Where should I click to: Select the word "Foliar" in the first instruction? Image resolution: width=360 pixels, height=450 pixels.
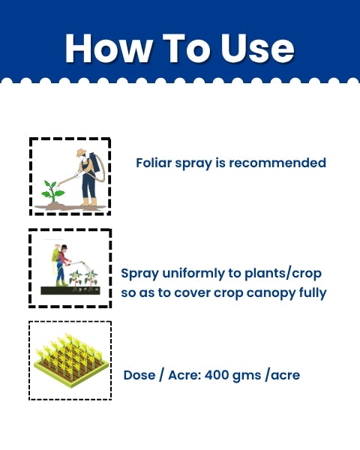click(x=154, y=163)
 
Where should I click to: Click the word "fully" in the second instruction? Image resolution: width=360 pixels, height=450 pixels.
click(x=310, y=292)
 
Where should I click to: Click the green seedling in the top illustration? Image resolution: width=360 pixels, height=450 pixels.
click(x=52, y=191)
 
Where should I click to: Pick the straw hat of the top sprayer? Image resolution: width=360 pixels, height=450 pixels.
click(x=82, y=152)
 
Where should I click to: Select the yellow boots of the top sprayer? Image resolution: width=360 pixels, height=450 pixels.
click(x=88, y=201)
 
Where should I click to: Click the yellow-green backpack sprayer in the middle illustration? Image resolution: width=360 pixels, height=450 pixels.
click(x=55, y=257)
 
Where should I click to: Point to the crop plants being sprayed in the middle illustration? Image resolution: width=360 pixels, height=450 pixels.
click(x=84, y=278)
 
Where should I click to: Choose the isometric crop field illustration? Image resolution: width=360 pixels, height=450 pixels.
click(x=70, y=360)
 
